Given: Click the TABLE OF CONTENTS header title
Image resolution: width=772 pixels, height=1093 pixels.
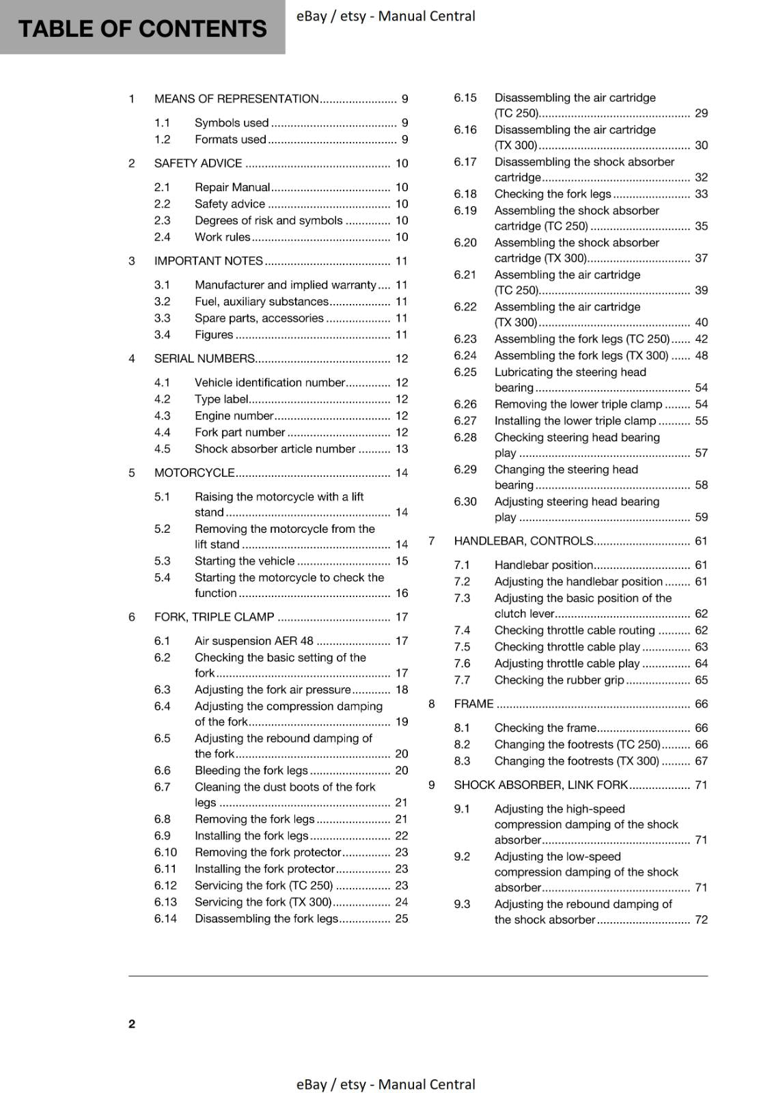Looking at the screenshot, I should coord(142,29).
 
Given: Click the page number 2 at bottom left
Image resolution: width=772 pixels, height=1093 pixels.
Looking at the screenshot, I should coord(132,1023).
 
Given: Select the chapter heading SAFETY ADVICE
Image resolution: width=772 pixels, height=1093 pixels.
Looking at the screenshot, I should coord(198,163).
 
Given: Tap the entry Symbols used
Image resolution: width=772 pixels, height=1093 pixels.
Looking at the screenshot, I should coord(232,123).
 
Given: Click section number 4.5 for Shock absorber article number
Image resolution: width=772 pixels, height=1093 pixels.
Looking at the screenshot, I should coord(162,449).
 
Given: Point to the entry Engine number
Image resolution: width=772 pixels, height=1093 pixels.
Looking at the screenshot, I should coord(234,415).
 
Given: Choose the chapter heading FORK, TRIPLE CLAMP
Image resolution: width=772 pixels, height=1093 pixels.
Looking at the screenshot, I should coord(214,617).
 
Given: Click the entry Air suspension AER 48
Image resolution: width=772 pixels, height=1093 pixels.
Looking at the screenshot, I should coord(253,641).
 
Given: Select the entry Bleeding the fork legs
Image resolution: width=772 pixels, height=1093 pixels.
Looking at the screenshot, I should coord(251,771).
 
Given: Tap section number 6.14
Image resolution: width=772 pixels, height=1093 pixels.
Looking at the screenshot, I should coord(165,919).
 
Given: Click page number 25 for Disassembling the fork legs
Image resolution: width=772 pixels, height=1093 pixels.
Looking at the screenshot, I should coord(402,919).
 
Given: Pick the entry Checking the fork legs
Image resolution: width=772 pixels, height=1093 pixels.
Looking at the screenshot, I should coord(552,194).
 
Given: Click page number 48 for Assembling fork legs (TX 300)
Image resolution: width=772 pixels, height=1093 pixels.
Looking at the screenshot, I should coord(702,355).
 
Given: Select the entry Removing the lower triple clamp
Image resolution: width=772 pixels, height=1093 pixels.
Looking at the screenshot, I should coord(578,404).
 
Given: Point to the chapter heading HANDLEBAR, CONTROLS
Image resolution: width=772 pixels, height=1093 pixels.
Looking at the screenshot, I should coord(523,541).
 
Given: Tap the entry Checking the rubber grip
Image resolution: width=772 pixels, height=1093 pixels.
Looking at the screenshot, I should coord(559,680).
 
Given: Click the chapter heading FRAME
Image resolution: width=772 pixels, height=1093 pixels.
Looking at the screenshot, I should coord(473,704).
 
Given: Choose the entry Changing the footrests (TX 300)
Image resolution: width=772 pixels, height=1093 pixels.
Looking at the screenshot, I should coord(577,761).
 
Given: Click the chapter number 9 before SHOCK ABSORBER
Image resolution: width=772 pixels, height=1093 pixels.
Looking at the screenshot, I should coord(432,785).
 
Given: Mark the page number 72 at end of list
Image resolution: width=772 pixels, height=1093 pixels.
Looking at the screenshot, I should coord(702,919).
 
